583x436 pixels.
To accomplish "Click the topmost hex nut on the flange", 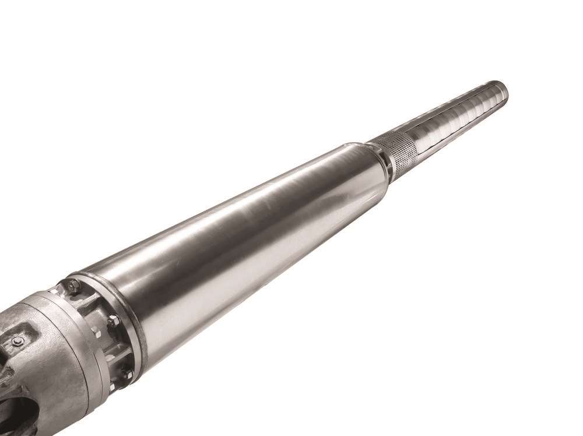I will coord(73,286).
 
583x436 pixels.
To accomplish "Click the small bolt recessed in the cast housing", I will coord(17,342).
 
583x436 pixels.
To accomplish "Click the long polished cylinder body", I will coord(245,221).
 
